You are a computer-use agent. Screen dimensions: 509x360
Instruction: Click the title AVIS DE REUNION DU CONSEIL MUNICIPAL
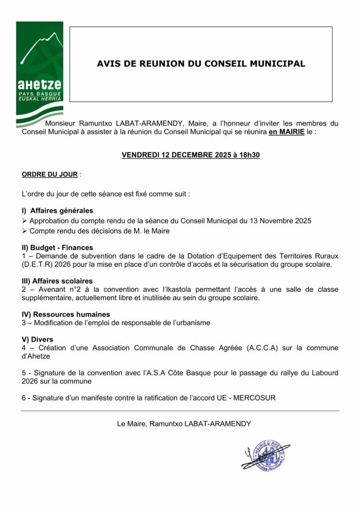tap(201, 64)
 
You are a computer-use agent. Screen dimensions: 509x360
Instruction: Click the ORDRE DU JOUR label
tap(50, 174)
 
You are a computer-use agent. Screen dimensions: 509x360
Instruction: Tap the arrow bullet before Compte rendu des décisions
tap(25, 231)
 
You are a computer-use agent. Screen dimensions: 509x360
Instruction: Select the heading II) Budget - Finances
tap(57, 247)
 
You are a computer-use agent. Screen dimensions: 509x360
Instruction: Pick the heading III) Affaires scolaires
tap(57, 281)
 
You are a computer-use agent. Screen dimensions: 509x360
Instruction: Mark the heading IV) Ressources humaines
tap(66, 314)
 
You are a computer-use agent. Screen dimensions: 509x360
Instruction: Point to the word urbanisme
tap(194, 323)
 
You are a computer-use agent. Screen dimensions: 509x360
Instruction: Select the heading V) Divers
tap(37, 339)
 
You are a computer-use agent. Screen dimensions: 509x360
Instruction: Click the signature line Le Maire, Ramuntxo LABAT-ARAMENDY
tap(183, 424)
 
